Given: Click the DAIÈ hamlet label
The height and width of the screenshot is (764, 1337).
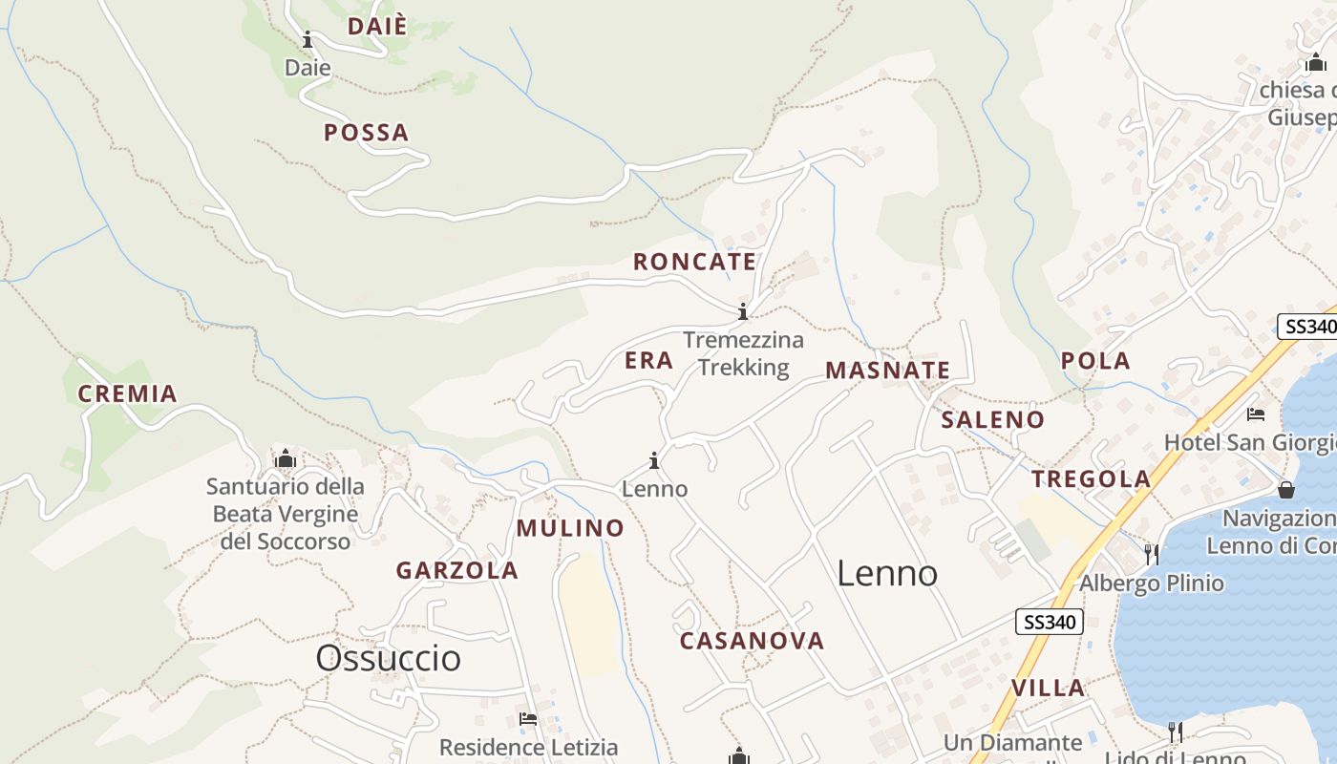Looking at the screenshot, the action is tap(376, 27).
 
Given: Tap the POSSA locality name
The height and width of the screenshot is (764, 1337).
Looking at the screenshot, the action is tap(366, 133).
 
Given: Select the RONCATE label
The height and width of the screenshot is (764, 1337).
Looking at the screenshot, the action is tap(694, 262).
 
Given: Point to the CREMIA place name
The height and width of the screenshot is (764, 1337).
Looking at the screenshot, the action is tap(128, 393).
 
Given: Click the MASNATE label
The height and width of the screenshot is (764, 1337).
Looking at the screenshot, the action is tap(887, 371).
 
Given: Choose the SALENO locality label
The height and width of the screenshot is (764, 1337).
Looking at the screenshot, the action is tap(992, 420).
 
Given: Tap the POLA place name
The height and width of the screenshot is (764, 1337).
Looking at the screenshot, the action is tap(1095, 361).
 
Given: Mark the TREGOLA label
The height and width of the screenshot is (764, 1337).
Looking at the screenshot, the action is tap(1091, 479).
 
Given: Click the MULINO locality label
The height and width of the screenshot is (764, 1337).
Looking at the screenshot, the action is tap(570, 528).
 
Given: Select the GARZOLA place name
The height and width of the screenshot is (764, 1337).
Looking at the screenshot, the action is tap(457, 571).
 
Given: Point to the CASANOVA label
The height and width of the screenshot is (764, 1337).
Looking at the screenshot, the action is tap(752, 641).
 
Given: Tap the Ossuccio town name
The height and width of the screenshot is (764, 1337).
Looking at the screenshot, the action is tap(388, 658).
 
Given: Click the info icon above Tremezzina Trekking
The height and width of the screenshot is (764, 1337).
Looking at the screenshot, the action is tap(743, 311).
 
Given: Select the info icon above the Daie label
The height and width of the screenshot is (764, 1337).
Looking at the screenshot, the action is tap(308, 40).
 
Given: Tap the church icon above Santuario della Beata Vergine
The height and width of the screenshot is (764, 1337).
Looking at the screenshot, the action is tap(285, 459).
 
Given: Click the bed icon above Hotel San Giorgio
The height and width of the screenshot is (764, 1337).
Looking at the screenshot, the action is tap(1256, 414).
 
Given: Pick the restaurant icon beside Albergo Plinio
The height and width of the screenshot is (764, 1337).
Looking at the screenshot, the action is tap(1152, 554).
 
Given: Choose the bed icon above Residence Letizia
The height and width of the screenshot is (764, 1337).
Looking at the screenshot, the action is tap(528, 719).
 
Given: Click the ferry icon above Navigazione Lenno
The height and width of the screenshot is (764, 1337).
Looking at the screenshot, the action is tap(1286, 490).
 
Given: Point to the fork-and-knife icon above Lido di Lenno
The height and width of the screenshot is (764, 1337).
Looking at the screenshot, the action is tap(1176, 732).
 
